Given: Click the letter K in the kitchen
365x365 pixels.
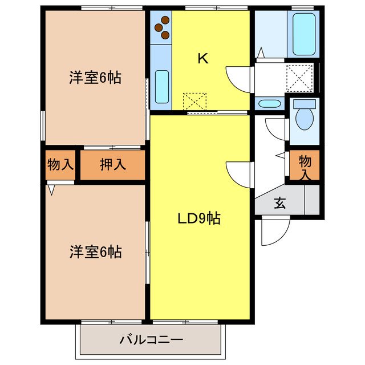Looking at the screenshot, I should pos(202,58).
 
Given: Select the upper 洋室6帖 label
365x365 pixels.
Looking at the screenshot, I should pos(95,79).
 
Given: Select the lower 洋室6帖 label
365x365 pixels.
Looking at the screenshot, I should pos(95,251).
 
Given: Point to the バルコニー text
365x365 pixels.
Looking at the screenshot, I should pos(151,340).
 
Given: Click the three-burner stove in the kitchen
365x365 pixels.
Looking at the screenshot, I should pos(162,28).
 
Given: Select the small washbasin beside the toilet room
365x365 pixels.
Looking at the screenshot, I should pos(268,104).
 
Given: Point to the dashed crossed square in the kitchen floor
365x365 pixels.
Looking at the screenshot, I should pos(195,102).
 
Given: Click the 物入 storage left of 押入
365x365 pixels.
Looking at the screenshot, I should pos(60,165).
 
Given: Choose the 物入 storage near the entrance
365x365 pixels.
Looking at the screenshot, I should pos(305,165).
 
